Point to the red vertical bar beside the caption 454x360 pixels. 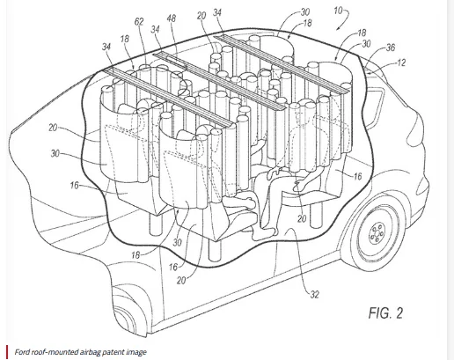(x=6, y=351)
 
